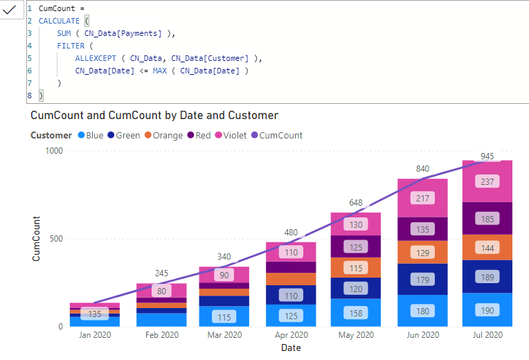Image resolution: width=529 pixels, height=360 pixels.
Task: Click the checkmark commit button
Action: tap(10, 10)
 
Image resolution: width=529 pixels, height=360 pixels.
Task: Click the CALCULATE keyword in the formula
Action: tap(59, 21)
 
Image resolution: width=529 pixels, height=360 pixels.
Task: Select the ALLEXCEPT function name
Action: tap(96, 58)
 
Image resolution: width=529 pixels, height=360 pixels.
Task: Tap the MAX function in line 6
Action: tap(159, 71)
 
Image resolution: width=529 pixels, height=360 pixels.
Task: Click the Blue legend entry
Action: tap(91, 135)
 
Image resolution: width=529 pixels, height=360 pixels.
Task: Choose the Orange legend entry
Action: tap(163, 135)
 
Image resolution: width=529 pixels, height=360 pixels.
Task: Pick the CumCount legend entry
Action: tap(277, 135)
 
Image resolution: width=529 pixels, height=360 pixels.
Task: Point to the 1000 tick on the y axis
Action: tap(54, 151)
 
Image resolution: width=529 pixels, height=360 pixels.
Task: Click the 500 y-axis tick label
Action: tap(56, 239)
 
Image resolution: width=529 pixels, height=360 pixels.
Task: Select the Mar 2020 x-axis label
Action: tap(224, 334)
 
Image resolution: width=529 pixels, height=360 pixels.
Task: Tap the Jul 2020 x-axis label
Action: tap(487, 334)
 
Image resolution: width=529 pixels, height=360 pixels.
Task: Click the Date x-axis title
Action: tap(291, 348)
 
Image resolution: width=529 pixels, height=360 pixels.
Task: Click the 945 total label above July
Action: tap(487, 156)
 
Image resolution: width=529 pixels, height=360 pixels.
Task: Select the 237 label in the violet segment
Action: tap(487, 181)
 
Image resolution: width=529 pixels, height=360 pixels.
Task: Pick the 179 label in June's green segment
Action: tap(422, 280)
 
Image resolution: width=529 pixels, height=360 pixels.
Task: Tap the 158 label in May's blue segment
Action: tap(356, 313)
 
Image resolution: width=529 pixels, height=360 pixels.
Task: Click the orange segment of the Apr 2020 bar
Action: tap(291, 279)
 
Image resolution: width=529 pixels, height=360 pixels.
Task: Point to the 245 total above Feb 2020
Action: tap(161, 273)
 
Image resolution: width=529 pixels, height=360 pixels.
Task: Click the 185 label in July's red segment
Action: tap(487, 219)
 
